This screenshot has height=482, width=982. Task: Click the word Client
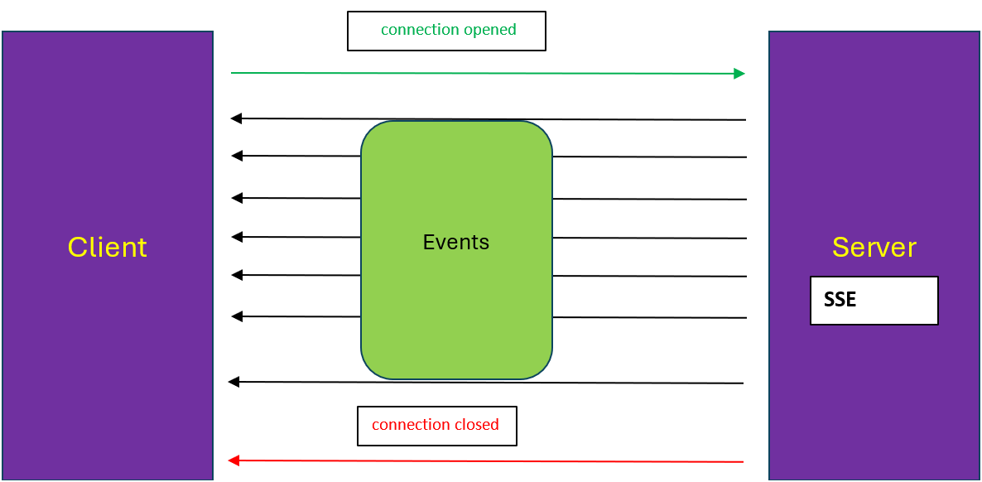(107, 248)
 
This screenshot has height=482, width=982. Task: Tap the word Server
(874, 248)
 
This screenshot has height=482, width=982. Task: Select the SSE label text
(840, 300)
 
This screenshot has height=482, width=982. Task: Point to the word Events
(455, 243)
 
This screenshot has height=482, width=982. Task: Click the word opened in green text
(490, 30)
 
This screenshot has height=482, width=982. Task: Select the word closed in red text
(476, 425)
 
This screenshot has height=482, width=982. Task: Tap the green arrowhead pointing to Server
(739, 74)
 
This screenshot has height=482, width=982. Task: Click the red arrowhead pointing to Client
(233, 460)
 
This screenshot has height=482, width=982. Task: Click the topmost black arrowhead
(236, 118)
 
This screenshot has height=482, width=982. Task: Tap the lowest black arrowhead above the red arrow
(233, 382)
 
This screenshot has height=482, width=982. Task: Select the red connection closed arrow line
(489, 461)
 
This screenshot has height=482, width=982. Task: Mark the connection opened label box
(446, 31)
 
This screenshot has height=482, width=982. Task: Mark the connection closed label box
(436, 426)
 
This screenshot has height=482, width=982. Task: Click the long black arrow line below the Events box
(489, 383)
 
